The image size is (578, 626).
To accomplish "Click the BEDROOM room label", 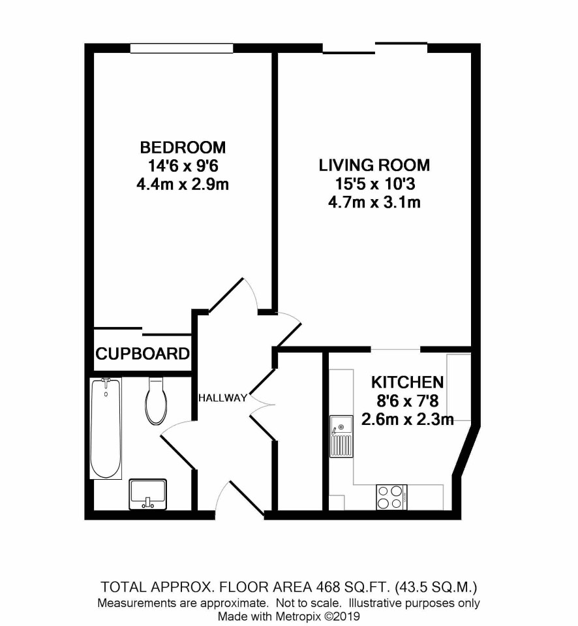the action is [x=183, y=148].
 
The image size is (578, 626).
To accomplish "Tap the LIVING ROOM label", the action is [x=374, y=165].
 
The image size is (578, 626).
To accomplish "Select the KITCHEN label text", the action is [x=407, y=383].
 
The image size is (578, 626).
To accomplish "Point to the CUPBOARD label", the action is [x=142, y=354].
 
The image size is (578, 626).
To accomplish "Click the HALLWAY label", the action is [x=222, y=398].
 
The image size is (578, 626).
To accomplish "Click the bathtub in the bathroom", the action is [x=106, y=428].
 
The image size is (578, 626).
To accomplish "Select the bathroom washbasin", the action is [x=147, y=494].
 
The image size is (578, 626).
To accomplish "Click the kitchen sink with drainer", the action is [x=341, y=436].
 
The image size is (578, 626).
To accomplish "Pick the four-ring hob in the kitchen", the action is [x=391, y=497].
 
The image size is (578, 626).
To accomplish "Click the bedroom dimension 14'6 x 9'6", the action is [x=183, y=166].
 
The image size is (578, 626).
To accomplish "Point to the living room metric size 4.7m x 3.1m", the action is [x=374, y=202].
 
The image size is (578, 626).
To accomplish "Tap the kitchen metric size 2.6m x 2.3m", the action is [x=407, y=420].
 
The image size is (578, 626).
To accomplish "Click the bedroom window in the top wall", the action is [x=181, y=48].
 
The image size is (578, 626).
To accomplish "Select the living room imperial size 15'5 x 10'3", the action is [x=375, y=184].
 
